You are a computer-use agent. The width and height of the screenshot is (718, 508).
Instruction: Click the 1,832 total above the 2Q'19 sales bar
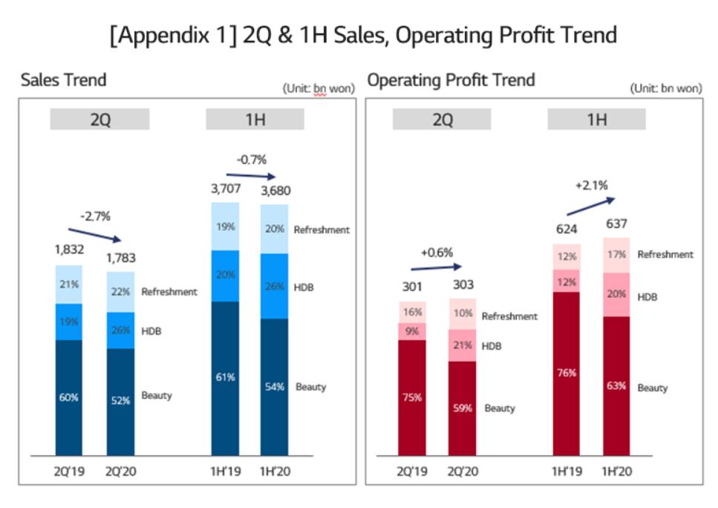pyautogui.click(x=69, y=250)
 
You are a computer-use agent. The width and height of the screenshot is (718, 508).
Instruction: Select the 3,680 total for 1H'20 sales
pyautogui.click(x=275, y=191)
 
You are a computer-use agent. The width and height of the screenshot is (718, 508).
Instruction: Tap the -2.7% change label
pyautogui.click(x=94, y=216)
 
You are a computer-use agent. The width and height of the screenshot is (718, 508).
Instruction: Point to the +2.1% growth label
pyautogui.click(x=591, y=184)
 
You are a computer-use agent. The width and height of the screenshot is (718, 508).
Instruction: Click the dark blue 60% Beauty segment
pyautogui.click(x=69, y=397)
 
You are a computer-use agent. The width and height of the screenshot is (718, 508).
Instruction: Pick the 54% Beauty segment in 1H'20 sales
pyautogui.click(x=274, y=386)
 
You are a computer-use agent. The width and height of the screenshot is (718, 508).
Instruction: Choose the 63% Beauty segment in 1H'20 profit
pyautogui.click(x=616, y=386)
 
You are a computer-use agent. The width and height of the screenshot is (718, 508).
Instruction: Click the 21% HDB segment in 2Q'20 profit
pyautogui.click(x=463, y=345)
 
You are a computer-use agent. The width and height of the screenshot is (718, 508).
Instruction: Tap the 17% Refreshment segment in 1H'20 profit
pyautogui.click(x=616, y=255)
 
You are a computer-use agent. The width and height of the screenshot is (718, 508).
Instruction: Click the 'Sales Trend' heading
pyautogui.click(x=63, y=79)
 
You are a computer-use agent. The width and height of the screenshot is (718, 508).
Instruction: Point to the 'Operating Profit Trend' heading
pyautogui.click(x=451, y=79)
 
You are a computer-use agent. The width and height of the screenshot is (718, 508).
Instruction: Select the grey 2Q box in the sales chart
pyautogui.click(x=99, y=120)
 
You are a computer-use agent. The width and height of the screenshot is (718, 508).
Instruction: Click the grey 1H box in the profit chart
pyautogui.click(x=596, y=120)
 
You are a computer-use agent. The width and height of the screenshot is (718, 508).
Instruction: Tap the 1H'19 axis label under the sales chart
pyautogui.click(x=226, y=472)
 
